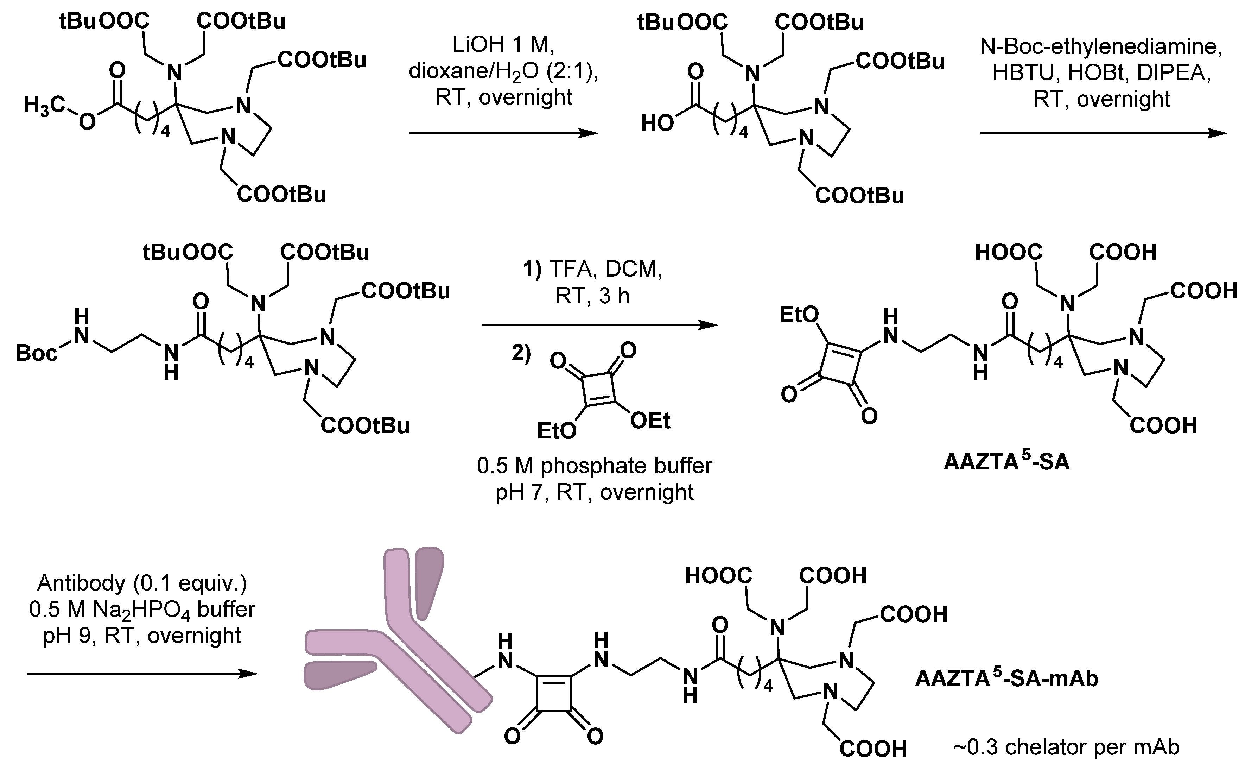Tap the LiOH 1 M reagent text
503,45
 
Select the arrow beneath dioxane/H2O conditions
502,133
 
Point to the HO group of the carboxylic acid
657,123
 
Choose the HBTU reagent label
1026,73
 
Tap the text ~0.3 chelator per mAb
1066,746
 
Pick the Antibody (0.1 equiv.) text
142,583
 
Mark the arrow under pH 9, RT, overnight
141,674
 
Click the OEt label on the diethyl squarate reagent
650,421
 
